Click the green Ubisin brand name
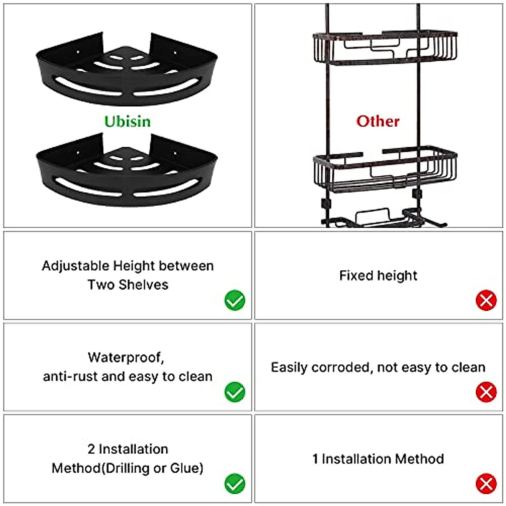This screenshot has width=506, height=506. pos(127,121)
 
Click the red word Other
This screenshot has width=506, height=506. pos(378,121)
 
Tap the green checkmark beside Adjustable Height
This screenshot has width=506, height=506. pos(235,300)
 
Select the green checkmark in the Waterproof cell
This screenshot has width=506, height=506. pos(235,392)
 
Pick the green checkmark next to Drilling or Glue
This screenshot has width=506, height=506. pos(235,484)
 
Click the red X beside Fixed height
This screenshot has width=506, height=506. pos(486,300)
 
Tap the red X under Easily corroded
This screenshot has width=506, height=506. pos(486,392)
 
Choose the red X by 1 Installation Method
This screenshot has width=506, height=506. pos(486,484)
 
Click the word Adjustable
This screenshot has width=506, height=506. pos(75,266)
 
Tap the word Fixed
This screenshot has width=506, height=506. pos(356,276)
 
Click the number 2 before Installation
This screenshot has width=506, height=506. pos(91,449)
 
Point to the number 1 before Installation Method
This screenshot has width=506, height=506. pos(315,459)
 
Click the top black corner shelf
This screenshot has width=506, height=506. pos(126,72)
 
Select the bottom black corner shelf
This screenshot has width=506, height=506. pos(126,173)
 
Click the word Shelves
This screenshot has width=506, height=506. pos(143,285)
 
